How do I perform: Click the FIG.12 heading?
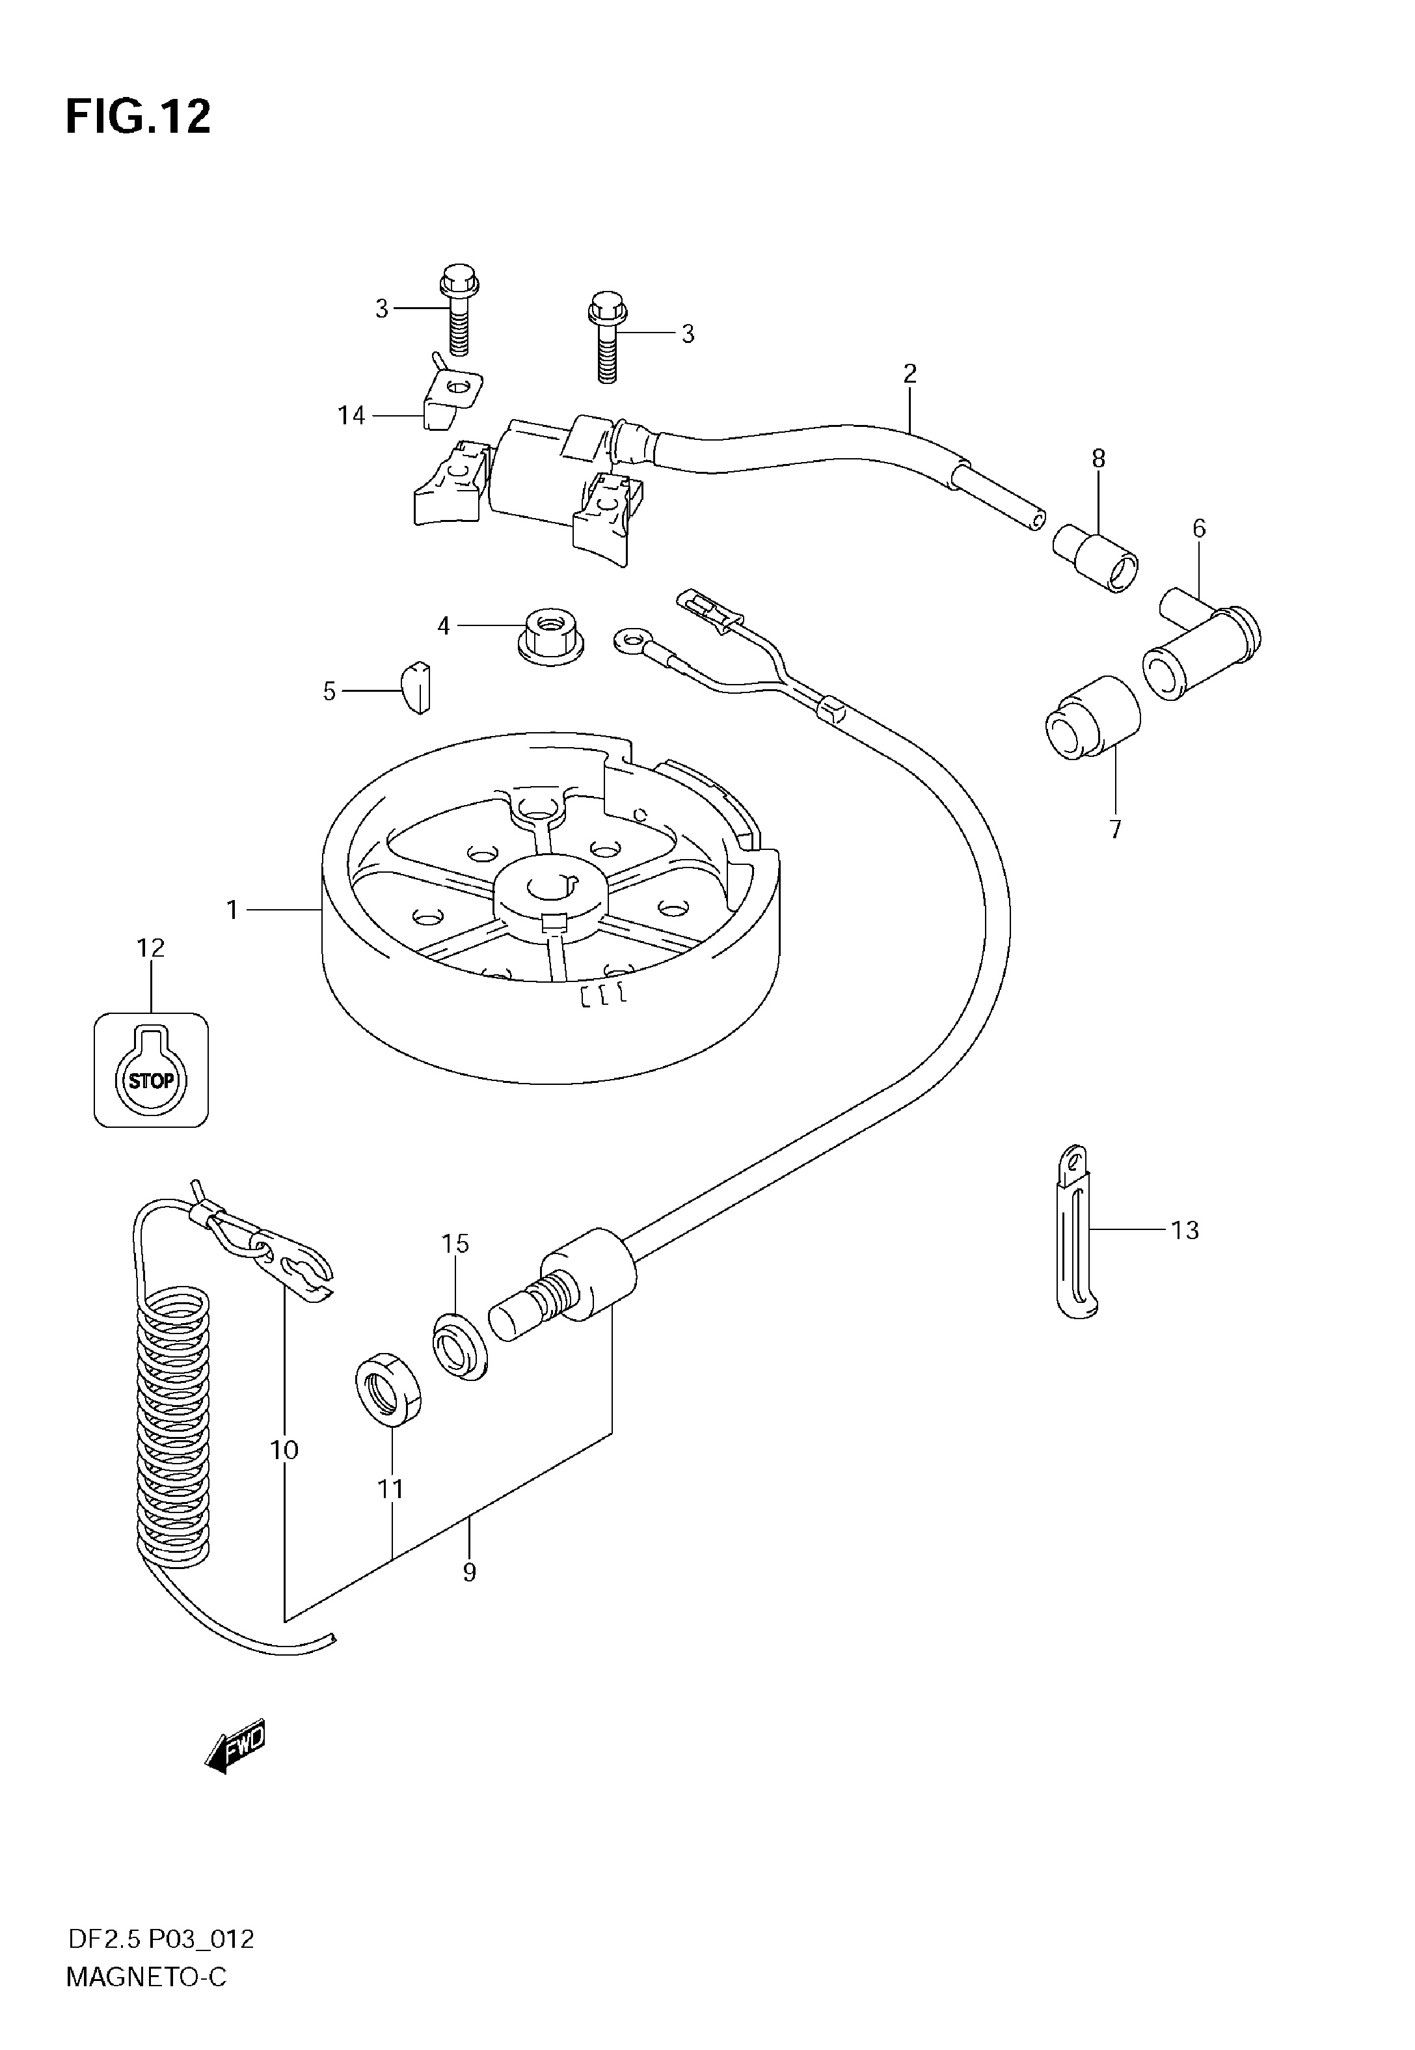coord(139,117)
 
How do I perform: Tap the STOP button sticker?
coord(152,1070)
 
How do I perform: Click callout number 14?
coord(351,415)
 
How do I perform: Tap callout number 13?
coord(1185,1230)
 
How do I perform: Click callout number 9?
coord(469,1572)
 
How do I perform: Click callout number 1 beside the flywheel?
coord(232,910)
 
